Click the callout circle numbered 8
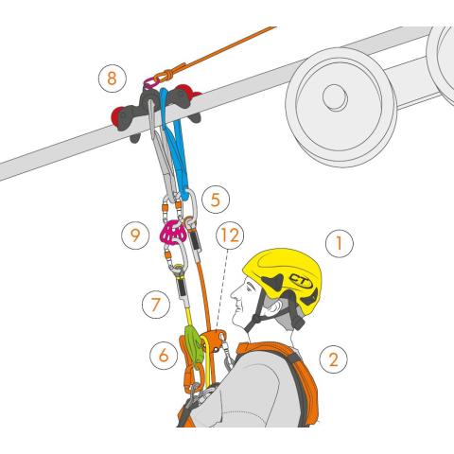point(113,79)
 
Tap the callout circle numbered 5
point(216,200)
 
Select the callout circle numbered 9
point(135,236)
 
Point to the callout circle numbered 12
point(230,236)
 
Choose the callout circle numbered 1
point(340,243)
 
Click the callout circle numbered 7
point(156,305)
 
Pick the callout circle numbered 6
point(164,356)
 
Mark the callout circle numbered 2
point(333,359)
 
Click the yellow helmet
point(284,277)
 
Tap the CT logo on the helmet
point(301,280)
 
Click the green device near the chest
point(195,347)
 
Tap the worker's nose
point(234,294)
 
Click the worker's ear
point(274,306)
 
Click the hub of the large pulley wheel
point(335,97)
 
